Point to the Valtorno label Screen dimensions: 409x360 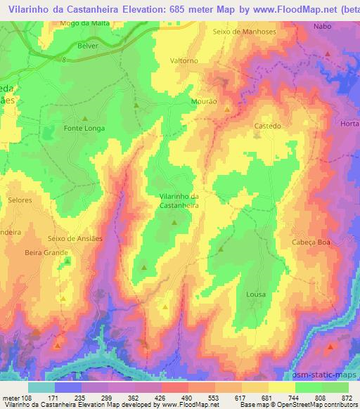click(184, 60)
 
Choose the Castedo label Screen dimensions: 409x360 click(267, 126)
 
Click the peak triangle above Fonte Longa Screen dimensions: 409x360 click(85, 118)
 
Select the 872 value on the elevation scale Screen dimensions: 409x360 click(347, 397)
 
